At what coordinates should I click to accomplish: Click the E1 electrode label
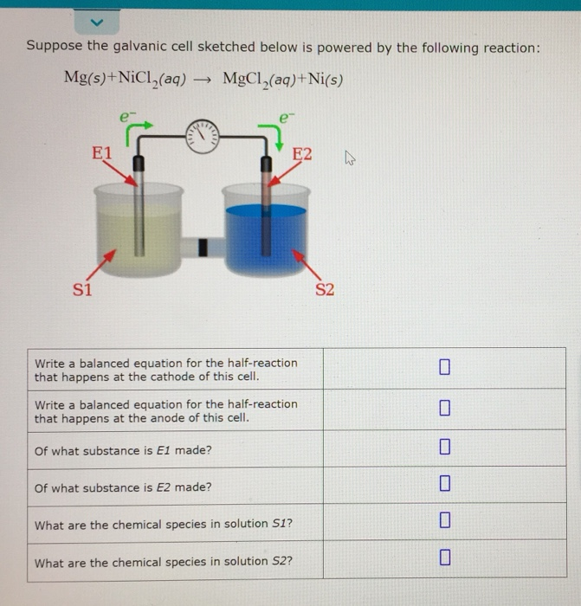tap(102, 153)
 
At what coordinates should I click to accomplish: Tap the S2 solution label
tap(324, 288)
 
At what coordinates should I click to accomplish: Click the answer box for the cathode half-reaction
tap(444, 368)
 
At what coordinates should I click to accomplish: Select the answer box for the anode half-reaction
tap(444, 408)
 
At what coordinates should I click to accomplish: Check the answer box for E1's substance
tap(444, 448)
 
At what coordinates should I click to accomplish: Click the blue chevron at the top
tap(97, 19)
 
